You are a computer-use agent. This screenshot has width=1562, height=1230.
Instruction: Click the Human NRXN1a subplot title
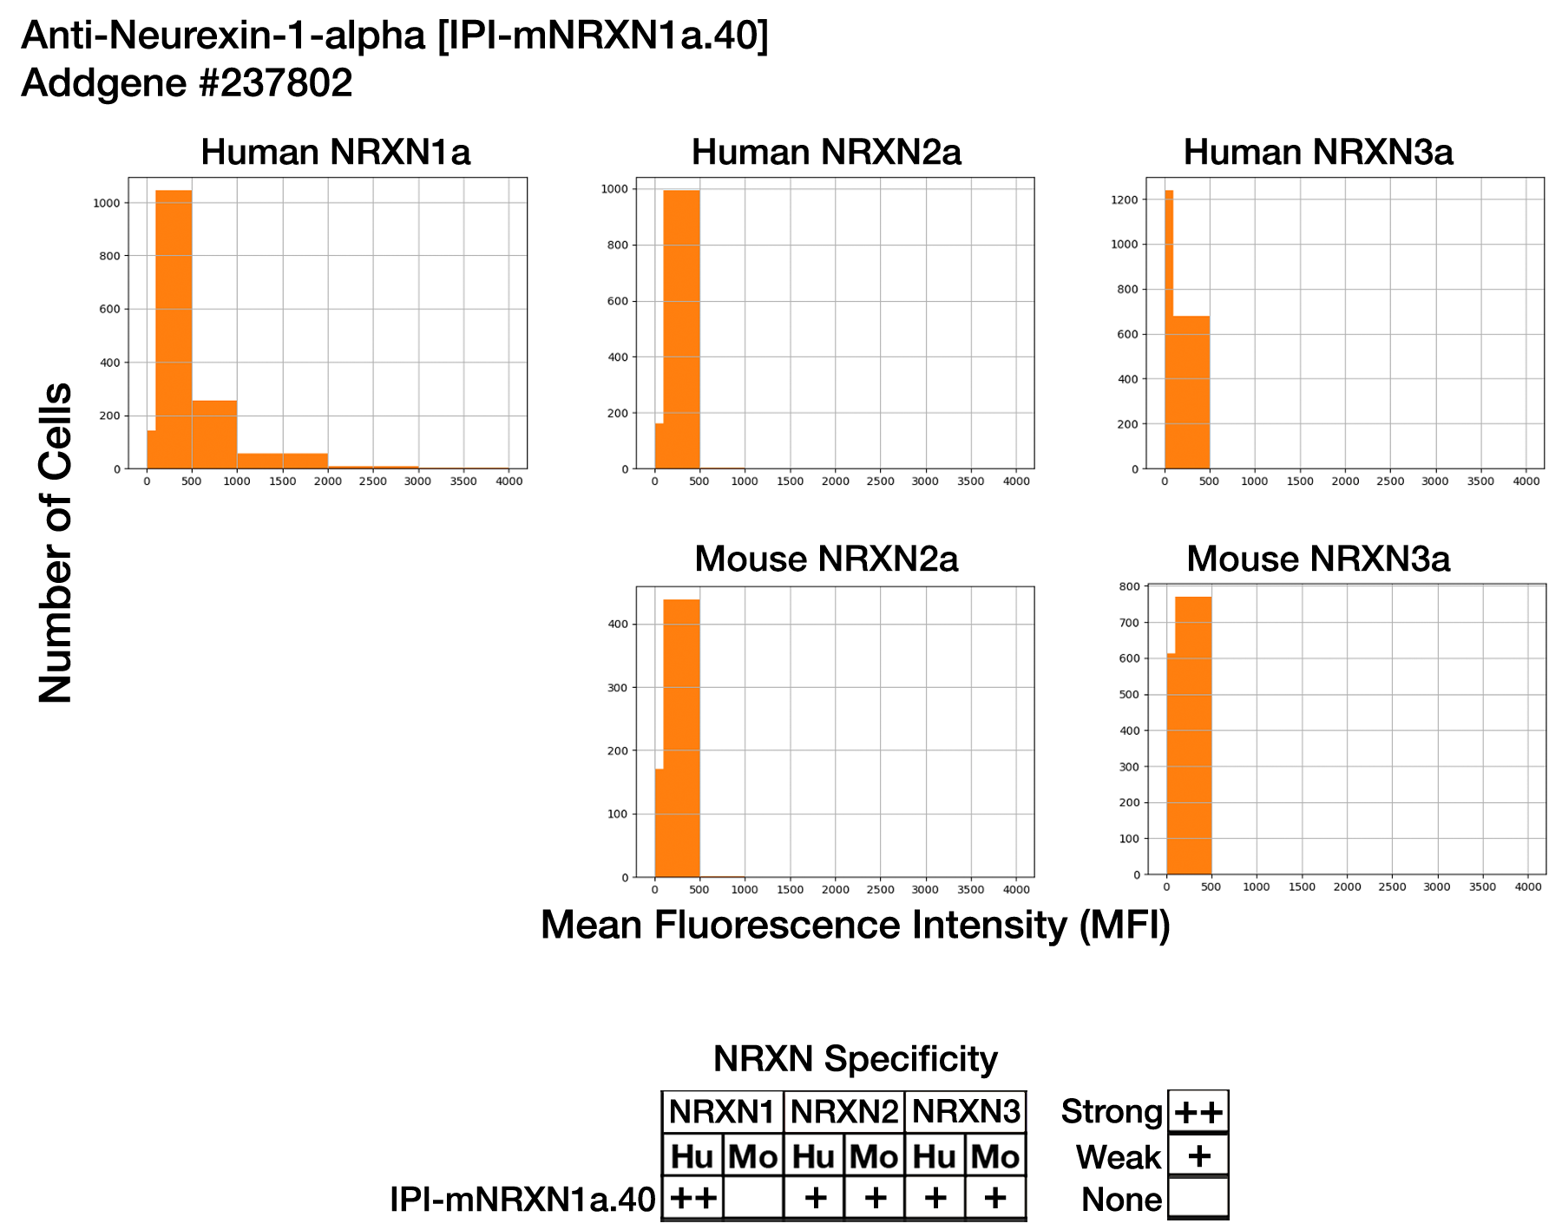click(x=335, y=153)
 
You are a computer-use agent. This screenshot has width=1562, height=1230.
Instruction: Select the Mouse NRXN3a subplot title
click(x=1317, y=559)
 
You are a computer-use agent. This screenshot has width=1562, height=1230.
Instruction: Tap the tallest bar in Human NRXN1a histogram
click(x=174, y=330)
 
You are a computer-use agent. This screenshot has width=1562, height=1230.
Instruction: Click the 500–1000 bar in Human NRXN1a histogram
click(x=214, y=434)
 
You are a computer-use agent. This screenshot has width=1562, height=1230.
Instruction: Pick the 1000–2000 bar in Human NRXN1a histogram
click(x=282, y=461)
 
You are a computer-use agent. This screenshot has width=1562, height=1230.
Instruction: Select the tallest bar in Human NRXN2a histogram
click(x=681, y=330)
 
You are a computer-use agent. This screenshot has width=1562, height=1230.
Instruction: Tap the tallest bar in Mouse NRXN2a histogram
click(x=681, y=737)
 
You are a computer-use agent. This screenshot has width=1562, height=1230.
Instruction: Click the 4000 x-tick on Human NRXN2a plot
click(x=1016, y=481)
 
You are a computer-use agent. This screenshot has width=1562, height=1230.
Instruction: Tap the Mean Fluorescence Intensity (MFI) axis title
click(x=855, y=925)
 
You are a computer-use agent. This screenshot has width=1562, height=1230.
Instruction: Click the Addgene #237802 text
click(x=187, y=83)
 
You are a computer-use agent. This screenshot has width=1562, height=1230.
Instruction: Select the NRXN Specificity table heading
click(x=855, y=1059)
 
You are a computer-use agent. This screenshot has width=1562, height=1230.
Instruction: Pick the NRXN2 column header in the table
click(x=843, y=1112)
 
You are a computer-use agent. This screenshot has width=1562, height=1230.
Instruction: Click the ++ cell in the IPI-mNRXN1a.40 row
click(x=692, y=1199)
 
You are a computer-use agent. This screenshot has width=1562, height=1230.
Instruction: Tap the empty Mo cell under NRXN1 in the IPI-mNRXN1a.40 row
click(x=753, y=1199)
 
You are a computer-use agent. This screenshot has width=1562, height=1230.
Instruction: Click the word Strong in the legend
click(x=1112, y=1112)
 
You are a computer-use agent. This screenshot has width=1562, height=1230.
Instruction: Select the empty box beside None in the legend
click(x=1198, y=1199)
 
